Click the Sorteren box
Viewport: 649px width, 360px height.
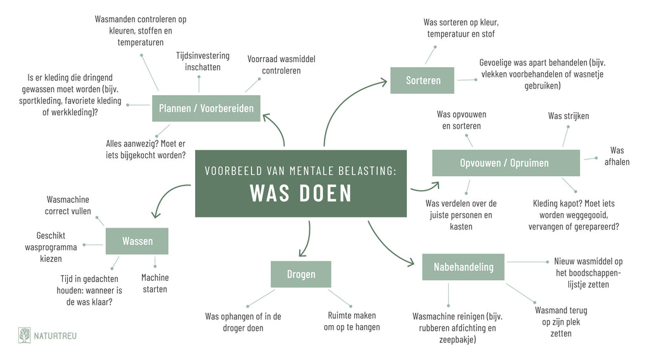422,80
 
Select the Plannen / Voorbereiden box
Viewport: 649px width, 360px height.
206,108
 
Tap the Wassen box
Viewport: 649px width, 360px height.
137,241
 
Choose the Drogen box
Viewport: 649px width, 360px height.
301,274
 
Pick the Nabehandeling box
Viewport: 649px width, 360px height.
463,267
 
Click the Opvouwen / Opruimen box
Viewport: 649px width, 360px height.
506,163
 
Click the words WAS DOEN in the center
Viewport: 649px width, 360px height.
301,193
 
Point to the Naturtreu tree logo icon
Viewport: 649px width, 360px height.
25,335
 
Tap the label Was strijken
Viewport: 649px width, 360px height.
569,116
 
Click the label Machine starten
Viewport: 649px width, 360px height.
155,283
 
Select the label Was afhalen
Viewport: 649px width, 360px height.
617,156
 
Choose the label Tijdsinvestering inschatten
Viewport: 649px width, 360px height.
203,61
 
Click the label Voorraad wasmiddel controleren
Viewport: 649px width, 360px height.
281,65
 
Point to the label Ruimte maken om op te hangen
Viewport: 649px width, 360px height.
352,321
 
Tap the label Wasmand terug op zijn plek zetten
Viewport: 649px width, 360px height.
561,321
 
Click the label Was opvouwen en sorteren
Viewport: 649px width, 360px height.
461,120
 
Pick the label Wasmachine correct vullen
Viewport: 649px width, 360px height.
68,205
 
